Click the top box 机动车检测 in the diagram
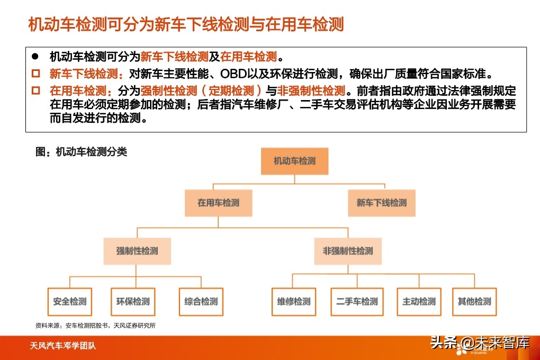[x=294, y=161]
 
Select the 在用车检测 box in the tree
[x=218, y=203]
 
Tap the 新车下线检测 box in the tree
[x=381, y=203]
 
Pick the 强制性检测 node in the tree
[x=137, y=250]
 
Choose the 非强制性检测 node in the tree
[x=348, y=250]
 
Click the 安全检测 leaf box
[x=69, y=302]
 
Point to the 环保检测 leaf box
[x=133, y=302]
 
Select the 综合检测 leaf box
[x=201, y=302]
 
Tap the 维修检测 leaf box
[x=293, y=302]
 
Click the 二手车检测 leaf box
[x=357, y=302]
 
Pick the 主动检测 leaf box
[x=419, y=302]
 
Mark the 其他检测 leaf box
[x=474, y=302]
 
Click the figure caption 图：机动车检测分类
[x=81, y=152]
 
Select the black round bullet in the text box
[x=35, y=56]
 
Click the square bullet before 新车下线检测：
[x=35, y=73]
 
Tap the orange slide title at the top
[x=186, y=24]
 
